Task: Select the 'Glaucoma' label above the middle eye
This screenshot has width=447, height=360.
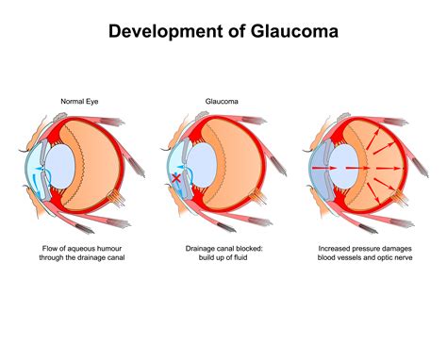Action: tap(223, 99)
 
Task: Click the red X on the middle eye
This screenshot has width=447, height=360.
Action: tap(174, 178)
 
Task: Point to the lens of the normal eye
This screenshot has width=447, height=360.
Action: tap(61, 165)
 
